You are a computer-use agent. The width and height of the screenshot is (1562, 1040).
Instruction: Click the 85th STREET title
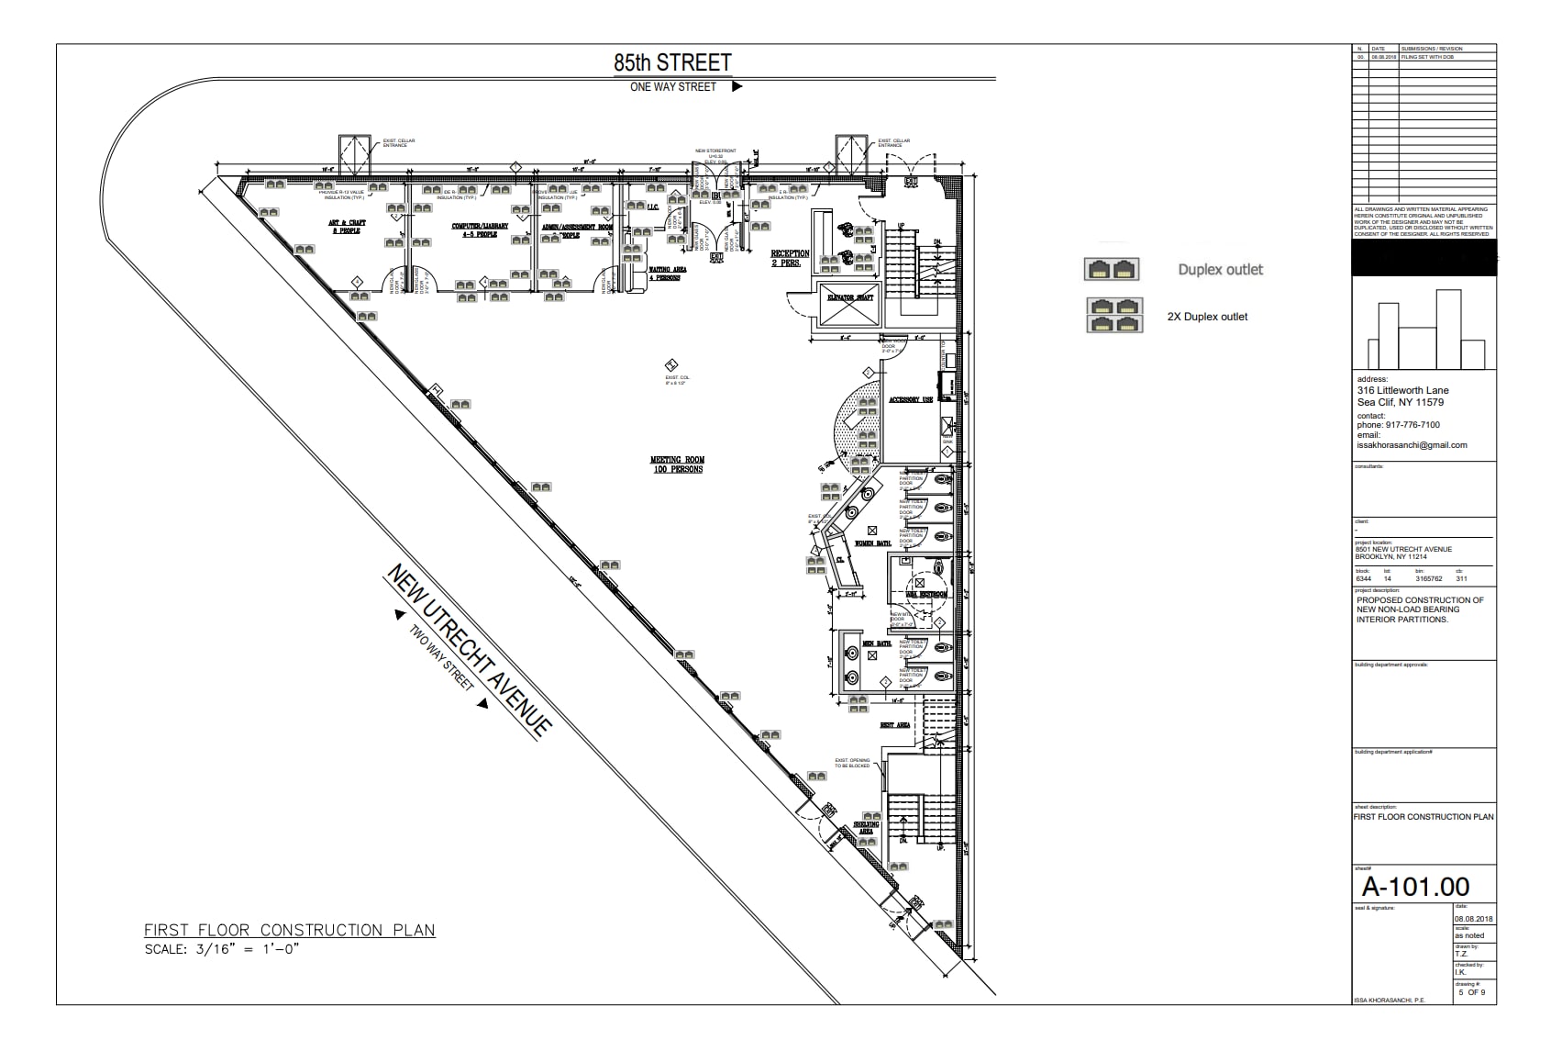(672, 62)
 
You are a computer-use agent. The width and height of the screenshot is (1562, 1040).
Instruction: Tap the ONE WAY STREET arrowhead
(737, 87)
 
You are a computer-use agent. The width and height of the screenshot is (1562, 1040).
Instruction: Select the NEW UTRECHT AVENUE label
(469, 650)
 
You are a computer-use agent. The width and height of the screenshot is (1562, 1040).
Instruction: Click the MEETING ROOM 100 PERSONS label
(677, 464)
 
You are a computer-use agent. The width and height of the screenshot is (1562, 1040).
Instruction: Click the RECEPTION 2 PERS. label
(790, 258)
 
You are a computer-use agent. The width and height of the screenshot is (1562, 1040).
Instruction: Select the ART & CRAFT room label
(347, 227)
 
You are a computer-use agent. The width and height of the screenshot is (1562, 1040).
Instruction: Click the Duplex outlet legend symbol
(1112, 269)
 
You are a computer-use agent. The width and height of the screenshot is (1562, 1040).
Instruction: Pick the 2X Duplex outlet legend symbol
(1113, 315)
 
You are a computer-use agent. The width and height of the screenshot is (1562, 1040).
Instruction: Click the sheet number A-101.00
(1415, 886)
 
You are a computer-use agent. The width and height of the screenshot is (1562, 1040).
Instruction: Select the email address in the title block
(1412, 445)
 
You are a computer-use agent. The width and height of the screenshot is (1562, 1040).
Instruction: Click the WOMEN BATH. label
(872, 543)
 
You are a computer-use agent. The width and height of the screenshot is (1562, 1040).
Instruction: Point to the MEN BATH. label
(877, 643)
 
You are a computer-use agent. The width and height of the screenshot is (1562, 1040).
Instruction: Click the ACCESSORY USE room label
(910, 400)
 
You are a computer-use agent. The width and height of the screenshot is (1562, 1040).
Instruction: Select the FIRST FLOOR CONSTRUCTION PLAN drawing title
(289, 930)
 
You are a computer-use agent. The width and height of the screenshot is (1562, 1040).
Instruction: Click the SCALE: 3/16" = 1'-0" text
(222, 949)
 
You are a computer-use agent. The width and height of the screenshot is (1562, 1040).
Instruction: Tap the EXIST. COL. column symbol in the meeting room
(670, 364)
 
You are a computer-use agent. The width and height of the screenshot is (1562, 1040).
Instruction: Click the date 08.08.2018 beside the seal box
(1473, 919)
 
